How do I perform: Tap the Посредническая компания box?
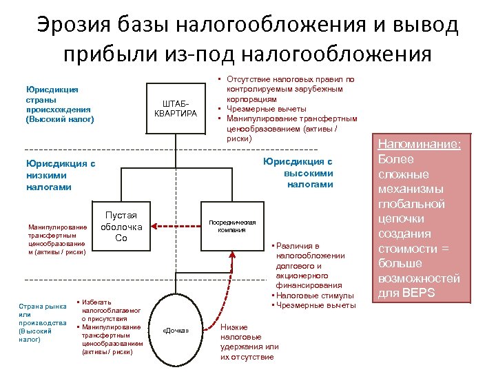pos(232,226)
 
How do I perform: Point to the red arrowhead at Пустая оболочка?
pos(154,226)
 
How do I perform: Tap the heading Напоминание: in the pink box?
pos(418,145)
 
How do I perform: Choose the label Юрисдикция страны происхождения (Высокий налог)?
pos(59,104)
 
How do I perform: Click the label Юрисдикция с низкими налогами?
pos(61,175)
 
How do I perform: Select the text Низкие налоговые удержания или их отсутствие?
pos(249,342)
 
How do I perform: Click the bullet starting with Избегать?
pos(110,311)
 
